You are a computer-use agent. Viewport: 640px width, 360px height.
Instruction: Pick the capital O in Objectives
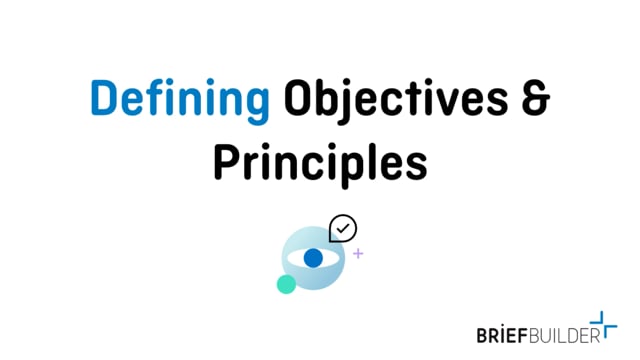coord(298,103)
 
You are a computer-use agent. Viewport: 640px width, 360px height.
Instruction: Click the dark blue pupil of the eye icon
coord(313,258)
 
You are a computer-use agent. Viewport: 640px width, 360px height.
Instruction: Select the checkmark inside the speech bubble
coord(344,228)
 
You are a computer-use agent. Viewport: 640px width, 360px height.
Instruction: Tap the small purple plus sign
coord(358,254)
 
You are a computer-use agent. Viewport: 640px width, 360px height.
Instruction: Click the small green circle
coord(286,284)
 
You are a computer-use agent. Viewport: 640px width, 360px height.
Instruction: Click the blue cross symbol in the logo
coord(608,324)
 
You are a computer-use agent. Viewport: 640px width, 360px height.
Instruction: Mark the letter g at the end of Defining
coord(257,108)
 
